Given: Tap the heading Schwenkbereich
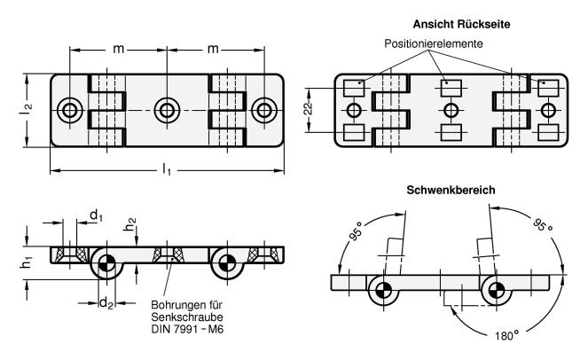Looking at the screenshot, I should click(x=451, y=190).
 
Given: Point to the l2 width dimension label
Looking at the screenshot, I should click(x=27, y=109).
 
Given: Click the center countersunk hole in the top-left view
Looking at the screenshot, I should click(x=165, y=110).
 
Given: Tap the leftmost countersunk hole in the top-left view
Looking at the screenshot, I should click(x=68, y=110).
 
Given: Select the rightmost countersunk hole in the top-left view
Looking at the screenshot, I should click(x=263, y=110).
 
